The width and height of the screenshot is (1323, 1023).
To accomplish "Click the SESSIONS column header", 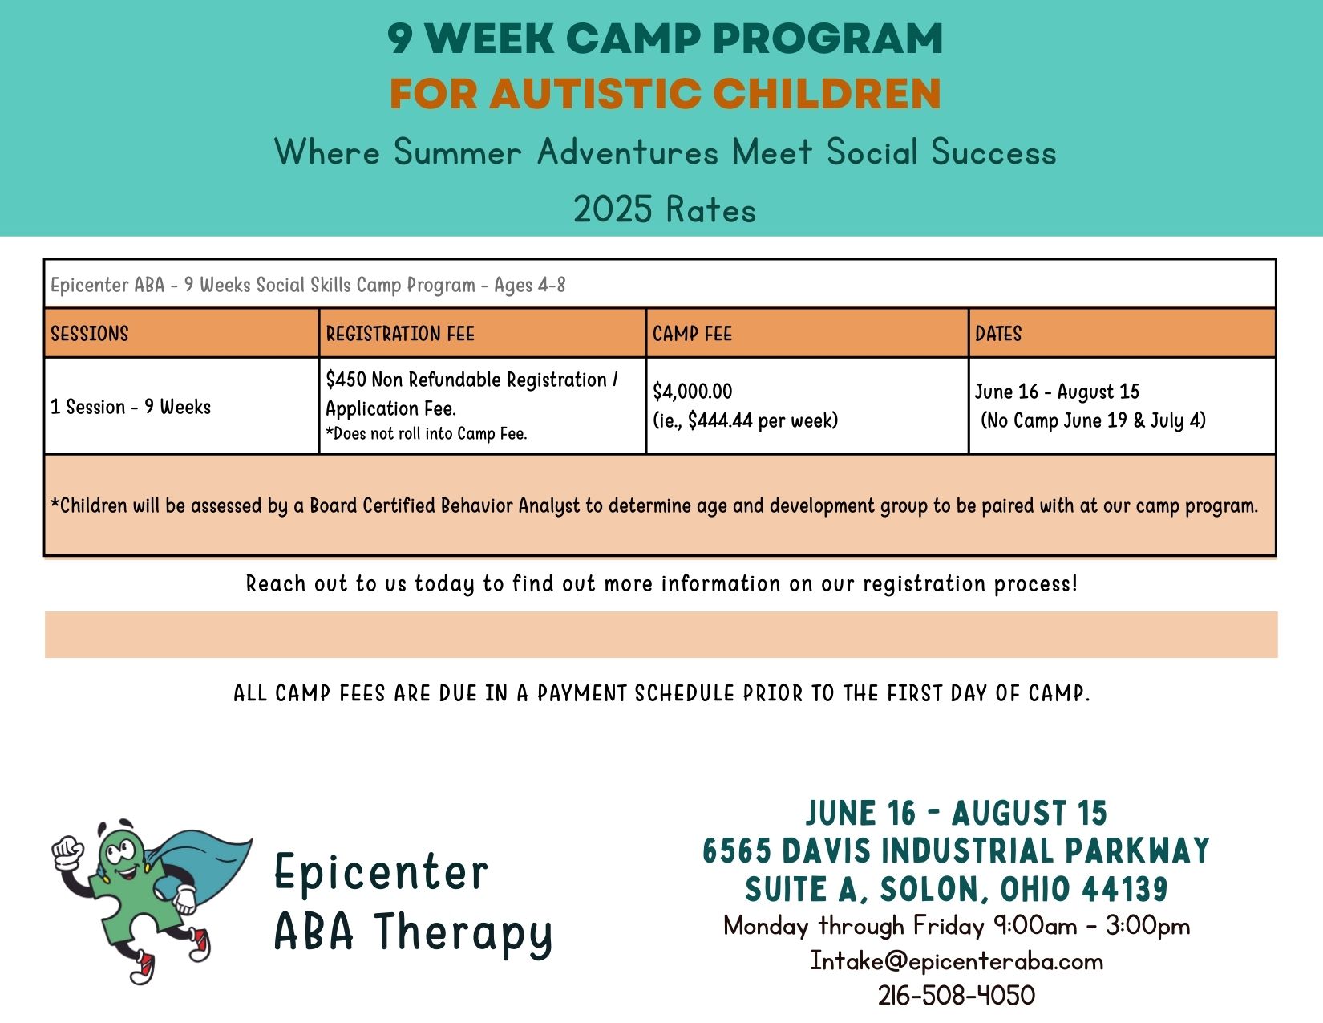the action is point(90,334).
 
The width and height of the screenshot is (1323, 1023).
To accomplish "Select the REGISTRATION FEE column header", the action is point(400,334).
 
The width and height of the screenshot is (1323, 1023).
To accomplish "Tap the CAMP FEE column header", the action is point(692,334).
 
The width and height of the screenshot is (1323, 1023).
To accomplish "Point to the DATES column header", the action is point(998,334).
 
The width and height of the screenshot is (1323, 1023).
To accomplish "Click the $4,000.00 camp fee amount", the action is point(692,392).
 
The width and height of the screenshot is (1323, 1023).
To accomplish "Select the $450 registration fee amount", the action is point(346,380).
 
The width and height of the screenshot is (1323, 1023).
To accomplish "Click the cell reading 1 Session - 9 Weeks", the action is point(130,407).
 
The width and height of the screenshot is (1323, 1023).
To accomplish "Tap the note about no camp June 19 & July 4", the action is point(1093,420).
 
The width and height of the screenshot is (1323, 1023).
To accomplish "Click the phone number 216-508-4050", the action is point(957,996).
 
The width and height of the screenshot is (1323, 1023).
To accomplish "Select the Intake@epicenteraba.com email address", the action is point(957,961).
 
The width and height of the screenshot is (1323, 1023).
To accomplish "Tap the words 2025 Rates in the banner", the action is point(664,209).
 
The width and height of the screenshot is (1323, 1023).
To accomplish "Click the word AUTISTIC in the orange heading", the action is point(595,94).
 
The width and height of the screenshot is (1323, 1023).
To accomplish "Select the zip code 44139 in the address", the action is point(1125,889).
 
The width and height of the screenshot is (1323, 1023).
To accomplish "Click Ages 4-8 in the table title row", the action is point(530,285).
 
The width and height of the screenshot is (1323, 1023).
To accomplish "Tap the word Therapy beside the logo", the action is point(463,932).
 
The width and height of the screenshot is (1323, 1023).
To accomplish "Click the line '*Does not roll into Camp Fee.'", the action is point(427,434).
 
